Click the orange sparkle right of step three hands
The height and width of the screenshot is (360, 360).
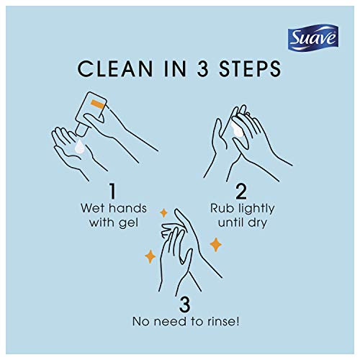click(215, 245)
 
